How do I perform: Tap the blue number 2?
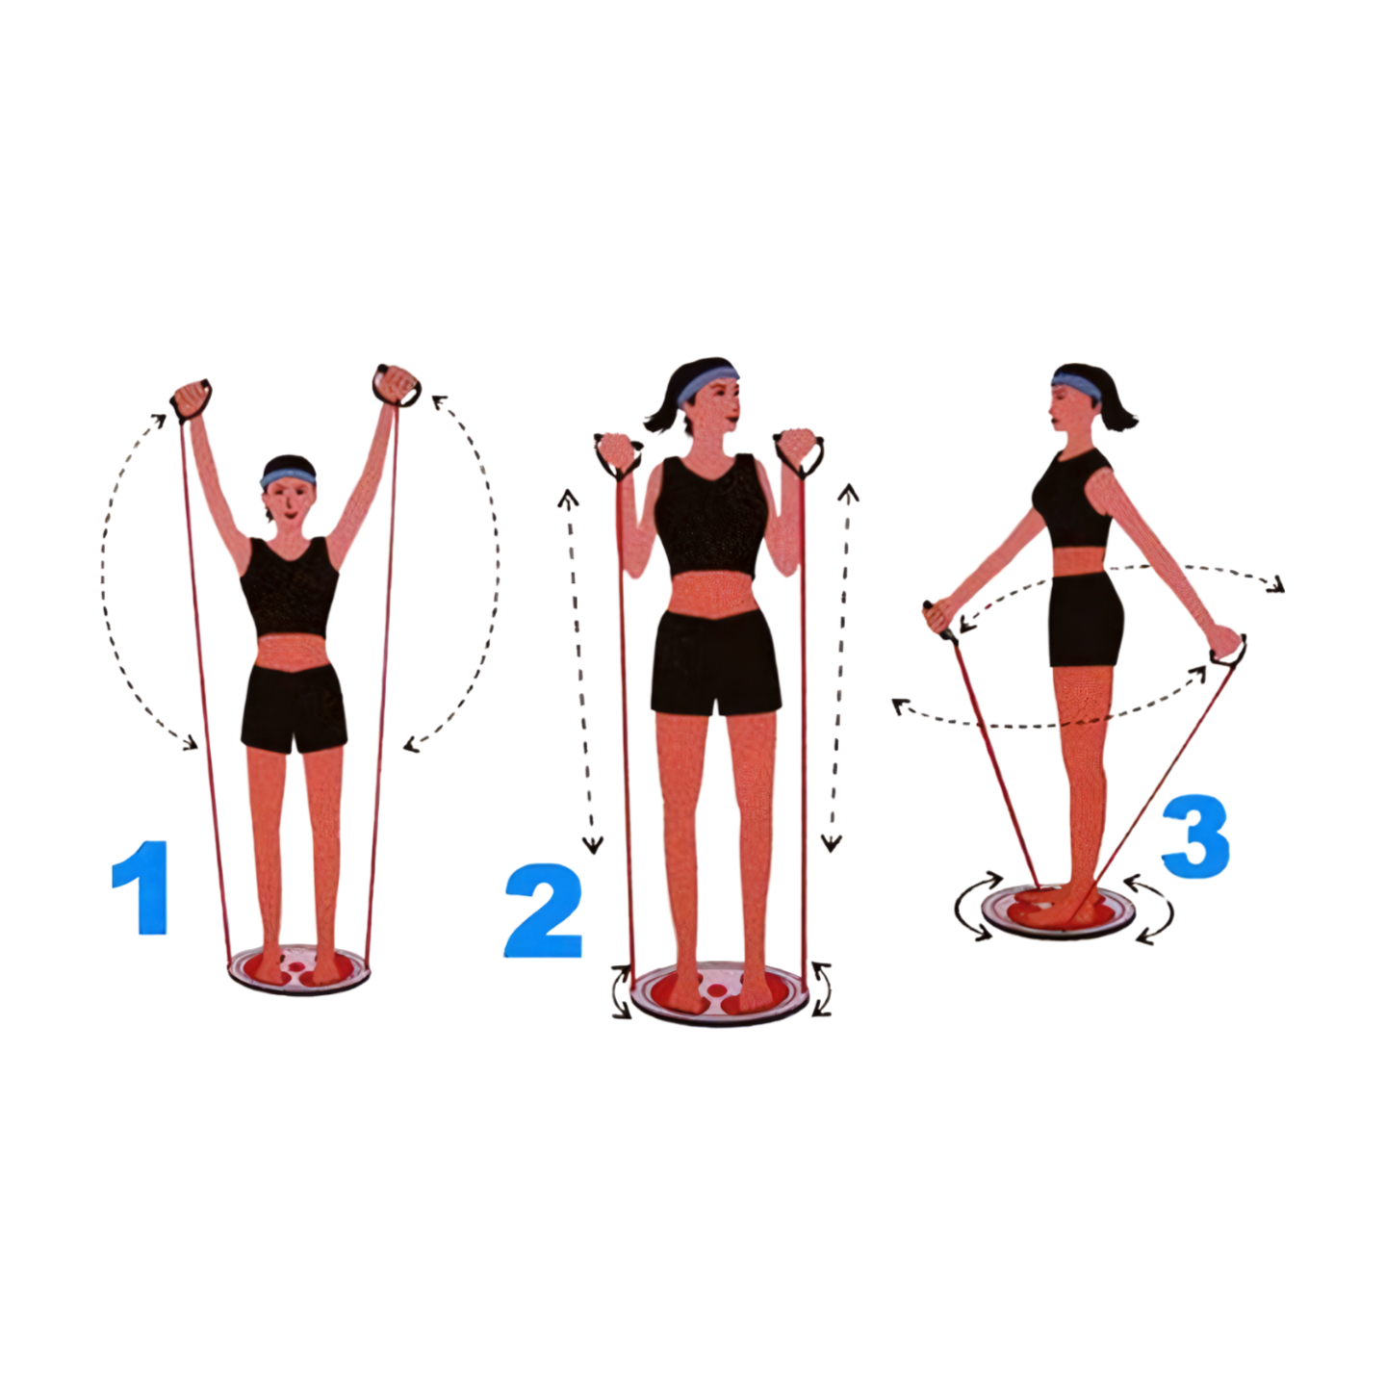tap(543, 911)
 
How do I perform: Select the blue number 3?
tap(1195, 835)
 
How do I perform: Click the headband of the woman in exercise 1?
tap(288, 477)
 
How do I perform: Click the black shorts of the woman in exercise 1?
tap(294, 707)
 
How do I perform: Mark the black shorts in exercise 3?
tap(1085, 620)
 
